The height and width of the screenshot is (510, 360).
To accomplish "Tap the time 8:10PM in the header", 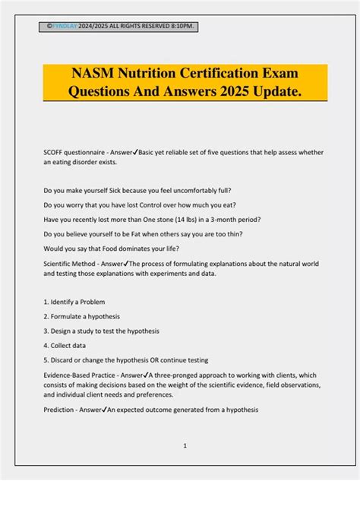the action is coord(182,27).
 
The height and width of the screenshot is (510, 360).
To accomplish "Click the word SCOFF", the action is coord(55,152).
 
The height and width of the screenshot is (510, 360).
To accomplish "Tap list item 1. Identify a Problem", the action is coord(74,302).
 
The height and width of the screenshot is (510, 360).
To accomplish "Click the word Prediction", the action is coord(60,409).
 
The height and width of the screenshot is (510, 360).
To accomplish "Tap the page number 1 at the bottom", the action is coord(185,446).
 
